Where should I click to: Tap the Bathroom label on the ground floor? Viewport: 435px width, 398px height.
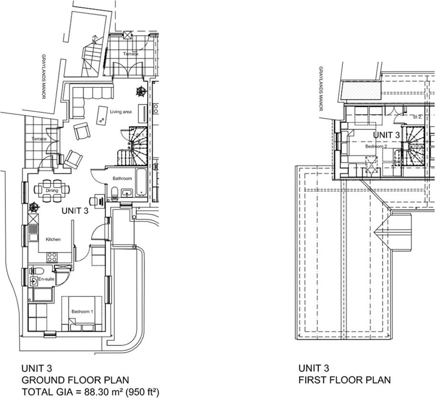122,178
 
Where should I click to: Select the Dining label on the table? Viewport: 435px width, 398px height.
52,190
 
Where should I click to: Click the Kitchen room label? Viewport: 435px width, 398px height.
53,239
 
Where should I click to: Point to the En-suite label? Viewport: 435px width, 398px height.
46,279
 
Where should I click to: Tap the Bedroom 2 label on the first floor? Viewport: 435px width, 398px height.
376,147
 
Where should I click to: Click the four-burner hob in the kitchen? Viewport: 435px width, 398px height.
52,257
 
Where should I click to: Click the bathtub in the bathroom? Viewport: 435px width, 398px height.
141,182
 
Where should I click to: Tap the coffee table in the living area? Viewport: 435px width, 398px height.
102,115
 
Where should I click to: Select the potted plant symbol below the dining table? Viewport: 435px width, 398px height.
34,207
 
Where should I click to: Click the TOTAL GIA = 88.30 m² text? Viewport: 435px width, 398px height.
90,392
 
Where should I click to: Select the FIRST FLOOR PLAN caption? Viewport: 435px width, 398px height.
344,380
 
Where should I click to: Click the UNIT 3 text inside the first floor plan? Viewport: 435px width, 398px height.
386,135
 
